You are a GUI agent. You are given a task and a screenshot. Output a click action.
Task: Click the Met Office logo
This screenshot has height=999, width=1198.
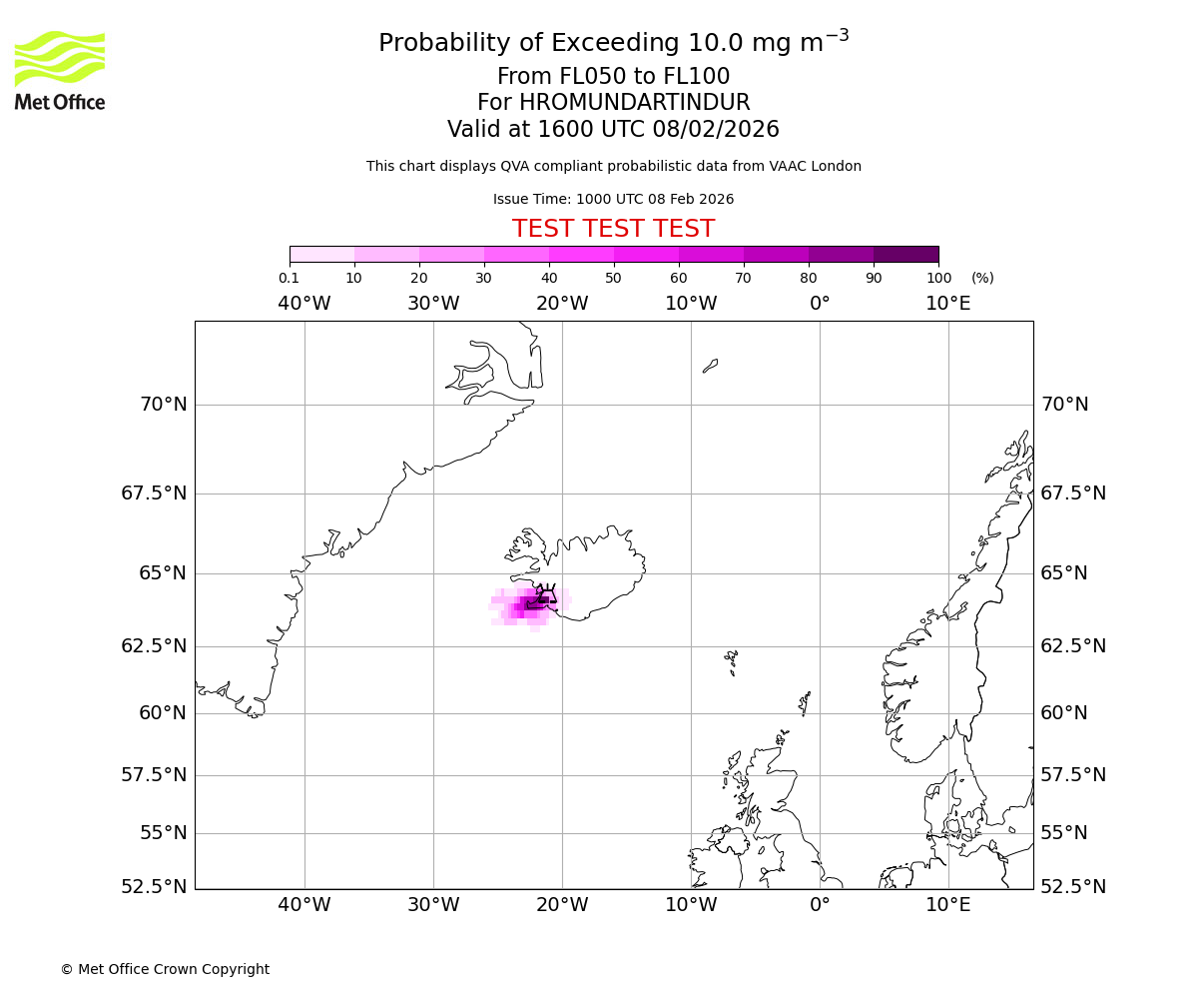60,70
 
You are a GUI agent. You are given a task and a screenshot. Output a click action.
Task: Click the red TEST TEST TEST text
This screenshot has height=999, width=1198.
613,229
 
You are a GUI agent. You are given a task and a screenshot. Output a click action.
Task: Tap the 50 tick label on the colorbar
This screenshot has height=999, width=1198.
613,278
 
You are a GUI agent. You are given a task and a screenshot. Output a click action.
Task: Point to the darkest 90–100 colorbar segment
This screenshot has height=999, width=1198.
905,254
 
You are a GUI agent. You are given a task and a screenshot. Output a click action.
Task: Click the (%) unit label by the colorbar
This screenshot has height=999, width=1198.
982,278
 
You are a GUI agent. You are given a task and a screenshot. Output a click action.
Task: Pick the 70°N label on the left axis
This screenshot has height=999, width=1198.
163,405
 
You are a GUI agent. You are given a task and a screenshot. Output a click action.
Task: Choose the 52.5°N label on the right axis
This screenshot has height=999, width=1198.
1072,887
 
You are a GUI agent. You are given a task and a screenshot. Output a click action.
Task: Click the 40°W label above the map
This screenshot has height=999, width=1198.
303,304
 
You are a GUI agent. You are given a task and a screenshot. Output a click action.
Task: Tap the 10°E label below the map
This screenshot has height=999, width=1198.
947,905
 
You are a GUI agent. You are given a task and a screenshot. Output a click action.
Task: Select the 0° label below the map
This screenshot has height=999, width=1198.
820,905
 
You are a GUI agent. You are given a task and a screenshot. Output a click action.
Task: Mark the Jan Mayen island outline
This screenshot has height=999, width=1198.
710,366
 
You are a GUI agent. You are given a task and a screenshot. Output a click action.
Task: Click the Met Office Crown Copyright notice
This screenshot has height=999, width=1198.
165,969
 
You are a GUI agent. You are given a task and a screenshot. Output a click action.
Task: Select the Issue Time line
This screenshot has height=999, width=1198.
613,199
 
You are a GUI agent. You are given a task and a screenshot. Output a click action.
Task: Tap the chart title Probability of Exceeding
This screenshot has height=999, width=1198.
613,43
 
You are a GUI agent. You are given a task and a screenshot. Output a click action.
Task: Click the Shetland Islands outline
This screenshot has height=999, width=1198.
805,702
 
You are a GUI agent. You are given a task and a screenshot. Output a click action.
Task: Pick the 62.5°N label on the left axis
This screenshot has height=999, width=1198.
154,646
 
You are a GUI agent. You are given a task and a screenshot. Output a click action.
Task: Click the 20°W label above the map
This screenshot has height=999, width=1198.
562,304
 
